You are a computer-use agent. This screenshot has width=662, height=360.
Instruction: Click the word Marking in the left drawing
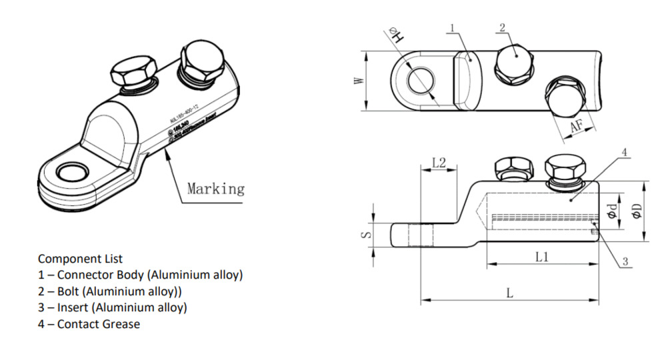(215, 189)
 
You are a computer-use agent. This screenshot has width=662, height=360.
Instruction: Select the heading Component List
(80, 258)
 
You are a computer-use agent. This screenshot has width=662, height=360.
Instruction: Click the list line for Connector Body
(140, 275)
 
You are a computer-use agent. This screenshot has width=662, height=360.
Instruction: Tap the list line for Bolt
(109, 291)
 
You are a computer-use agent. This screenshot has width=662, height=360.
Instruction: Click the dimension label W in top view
(359, 81)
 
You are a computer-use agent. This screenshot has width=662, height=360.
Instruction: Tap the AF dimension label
(577, 125)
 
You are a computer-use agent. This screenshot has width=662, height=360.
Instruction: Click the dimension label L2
(439, 162)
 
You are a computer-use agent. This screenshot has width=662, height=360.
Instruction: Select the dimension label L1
(541, 257)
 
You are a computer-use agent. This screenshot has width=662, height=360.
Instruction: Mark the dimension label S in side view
(365, 234)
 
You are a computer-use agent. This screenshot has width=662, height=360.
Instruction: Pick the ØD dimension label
(637, 212)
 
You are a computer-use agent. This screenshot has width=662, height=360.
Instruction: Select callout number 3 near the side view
(625, 262)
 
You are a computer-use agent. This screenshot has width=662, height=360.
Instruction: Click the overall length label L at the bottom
(509, 293)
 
